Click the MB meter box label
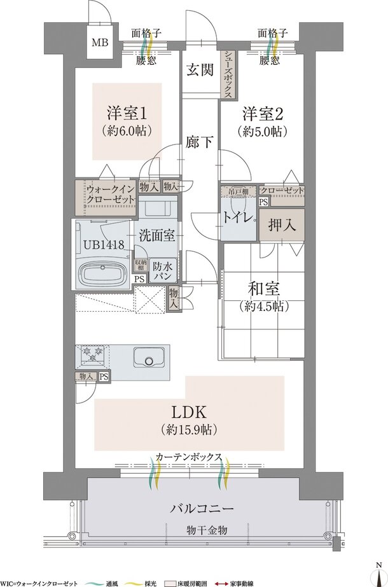pyautogui.click(x=100, y=43)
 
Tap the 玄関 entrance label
pyautogui.click(x=200, y=71)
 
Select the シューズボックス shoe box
pyautogui.click(x=227, y=74)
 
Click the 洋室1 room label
pyautogui.click(x=127, y=114)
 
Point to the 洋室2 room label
pyautogui.click(x=261, y=114)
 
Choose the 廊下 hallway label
pyautogui.click(x=200, y=141)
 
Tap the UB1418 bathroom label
pyautogui.click(x=102, y=244)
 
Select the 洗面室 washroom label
pyautogui.click(x=157, y=234)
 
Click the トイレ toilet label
pyautogui.click(x=237, y=216)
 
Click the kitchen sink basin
pyautogui.click(x=150, y=361)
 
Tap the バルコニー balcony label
pyautogui.click(x=202, y=509)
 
